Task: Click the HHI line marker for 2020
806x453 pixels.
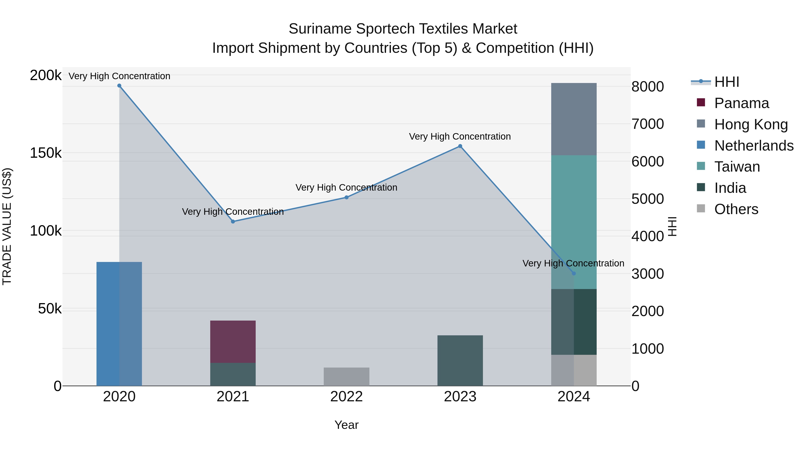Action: (x=119, y=86)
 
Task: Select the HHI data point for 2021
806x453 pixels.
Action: (x=233, y=221)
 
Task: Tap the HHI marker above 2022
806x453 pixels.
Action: (x=346, y=197)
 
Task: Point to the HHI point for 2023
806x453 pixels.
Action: (x=460, y=146)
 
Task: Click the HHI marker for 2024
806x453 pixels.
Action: (x=574, y=273)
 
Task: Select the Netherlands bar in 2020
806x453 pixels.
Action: (x=119, y=323)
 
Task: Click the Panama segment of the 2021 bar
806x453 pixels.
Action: (x=233, y=341)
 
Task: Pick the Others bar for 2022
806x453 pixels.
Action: (x=346, y=376)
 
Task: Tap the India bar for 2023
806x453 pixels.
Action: (x=460, y=360)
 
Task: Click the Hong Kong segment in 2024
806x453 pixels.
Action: (x=574, y=119)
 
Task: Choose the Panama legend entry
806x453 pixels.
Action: (x=742, y=103)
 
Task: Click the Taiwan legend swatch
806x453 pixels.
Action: (x=701, y=166)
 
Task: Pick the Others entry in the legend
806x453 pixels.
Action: (x=736, y=209)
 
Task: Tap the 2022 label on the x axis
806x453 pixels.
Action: (x=346, y=397)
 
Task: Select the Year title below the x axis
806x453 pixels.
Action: (x=346, y=425)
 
